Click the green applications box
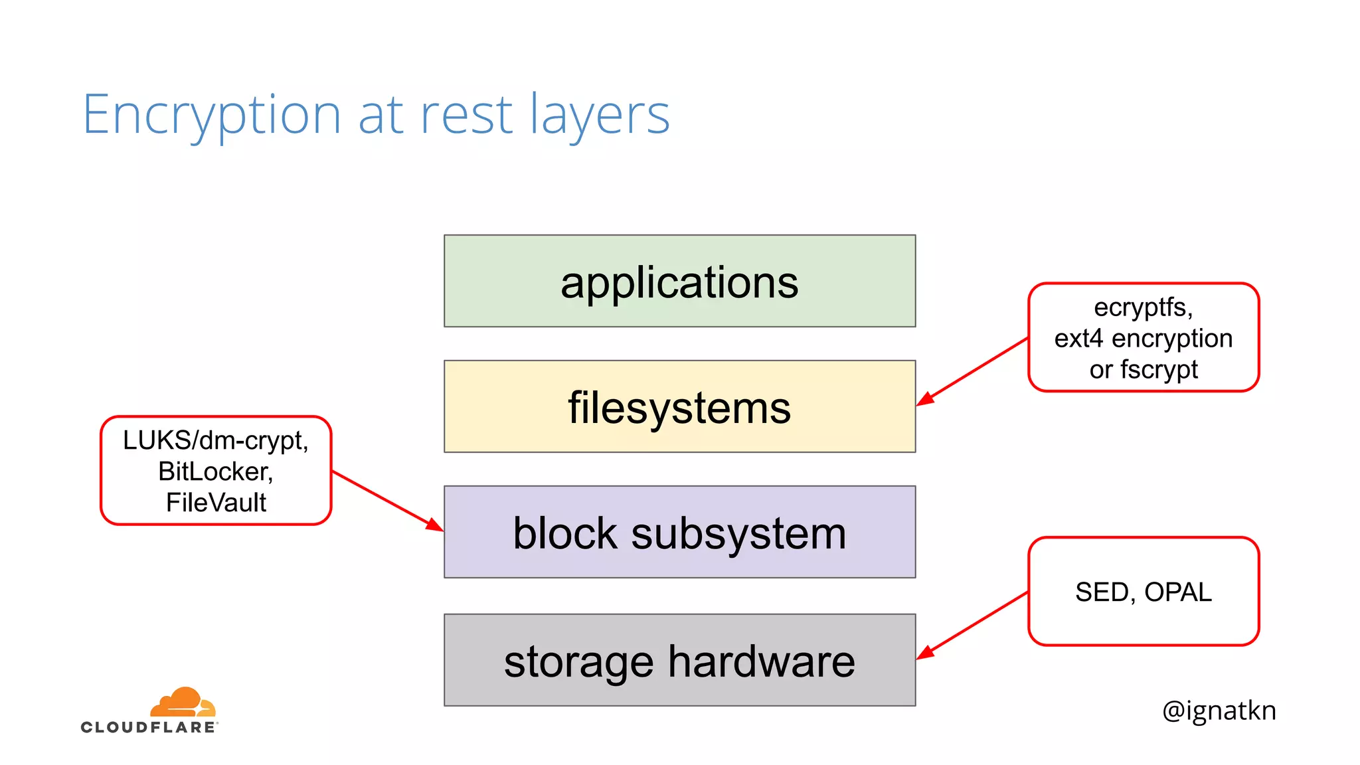pos(679,281)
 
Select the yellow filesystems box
pos(679,406)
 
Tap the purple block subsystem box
pos(679,531)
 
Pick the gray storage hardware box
pos(679,659)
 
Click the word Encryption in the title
pos(211,115)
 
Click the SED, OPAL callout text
pos(1143,592)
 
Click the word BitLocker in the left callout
pos(214,471)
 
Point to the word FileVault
pos(216,503)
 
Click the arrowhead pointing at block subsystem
pos(435,525)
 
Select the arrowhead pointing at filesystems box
pos(925,399)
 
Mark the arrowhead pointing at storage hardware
pos(925,653)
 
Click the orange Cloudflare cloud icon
pos(182,703)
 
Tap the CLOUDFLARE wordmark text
pos(149,728)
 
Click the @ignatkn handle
pos(1219,711)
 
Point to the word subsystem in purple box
pos(738,533)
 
